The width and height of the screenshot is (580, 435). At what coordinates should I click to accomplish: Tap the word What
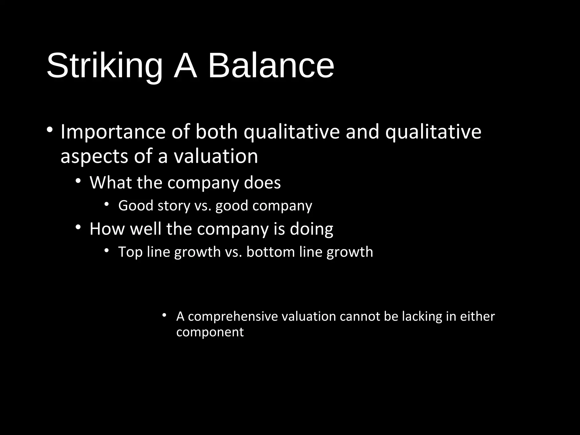tap(111, 182)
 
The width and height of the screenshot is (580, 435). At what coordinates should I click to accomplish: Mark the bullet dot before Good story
tap(106, 204)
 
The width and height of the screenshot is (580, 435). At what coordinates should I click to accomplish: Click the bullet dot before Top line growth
tap(106, 250)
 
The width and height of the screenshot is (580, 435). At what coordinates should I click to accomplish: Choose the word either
tap(477, 316)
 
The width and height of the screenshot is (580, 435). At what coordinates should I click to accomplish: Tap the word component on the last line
tap(210, 332)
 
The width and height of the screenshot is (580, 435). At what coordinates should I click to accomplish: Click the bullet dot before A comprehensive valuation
tap(164, 315)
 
